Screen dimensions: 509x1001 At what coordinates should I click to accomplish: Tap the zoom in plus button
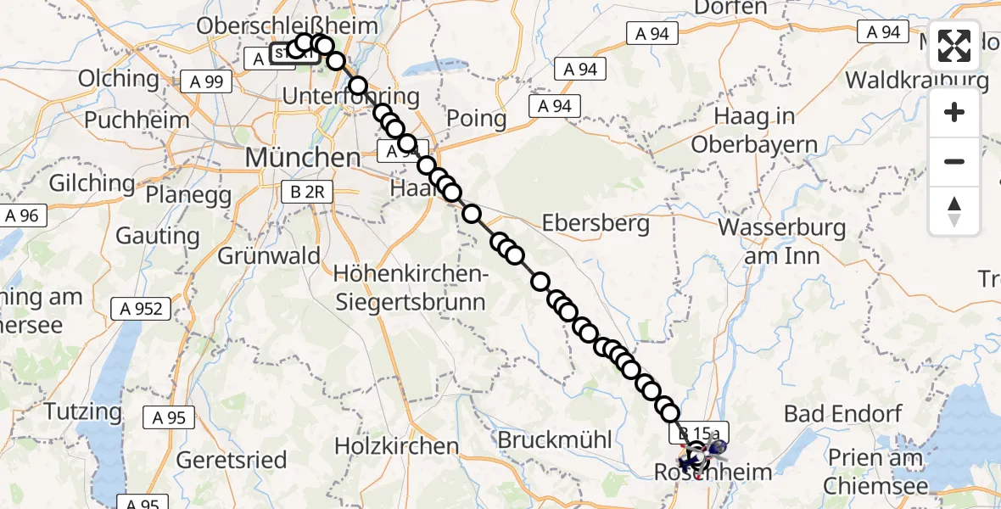(x=954, y=112)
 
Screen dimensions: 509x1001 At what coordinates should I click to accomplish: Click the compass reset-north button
(x=954, y=211)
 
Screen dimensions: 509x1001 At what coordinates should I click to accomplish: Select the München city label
(x=302, y=157)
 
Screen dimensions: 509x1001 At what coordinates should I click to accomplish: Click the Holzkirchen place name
(x=396, y=445)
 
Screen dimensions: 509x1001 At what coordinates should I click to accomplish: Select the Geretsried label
(x=232, y=459)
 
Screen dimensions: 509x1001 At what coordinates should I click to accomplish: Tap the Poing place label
(x=476, y=118)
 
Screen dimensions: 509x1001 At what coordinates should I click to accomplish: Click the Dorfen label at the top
(x=730, y=8)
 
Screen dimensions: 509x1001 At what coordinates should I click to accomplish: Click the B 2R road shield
(x=307, y=193)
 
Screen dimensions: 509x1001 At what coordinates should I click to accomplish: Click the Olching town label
(x=118, y=79)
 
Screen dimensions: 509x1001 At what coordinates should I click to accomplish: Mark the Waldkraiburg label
(x=917, y=81)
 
